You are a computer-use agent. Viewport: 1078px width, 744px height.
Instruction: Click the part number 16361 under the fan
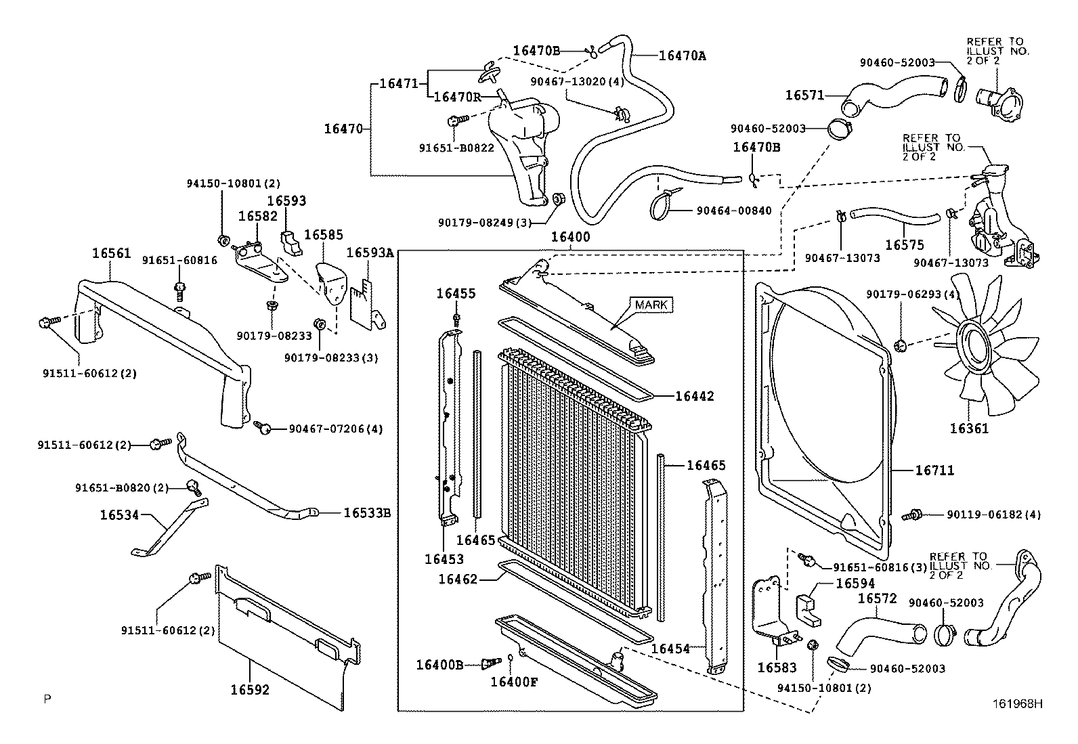[x=968, y=429]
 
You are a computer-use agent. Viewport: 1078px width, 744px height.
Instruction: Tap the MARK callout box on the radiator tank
[x=651, y=305]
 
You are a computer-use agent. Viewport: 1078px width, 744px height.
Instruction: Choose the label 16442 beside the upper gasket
[x=694, y=396]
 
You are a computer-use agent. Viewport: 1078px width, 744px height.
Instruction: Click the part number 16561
[x=111, y=253]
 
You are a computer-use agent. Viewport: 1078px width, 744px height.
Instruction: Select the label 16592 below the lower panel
[x=250, y=690]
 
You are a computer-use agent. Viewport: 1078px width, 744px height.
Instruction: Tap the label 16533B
[x=367, y=512]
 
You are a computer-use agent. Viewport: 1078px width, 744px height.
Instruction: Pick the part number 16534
[x=119, y=515]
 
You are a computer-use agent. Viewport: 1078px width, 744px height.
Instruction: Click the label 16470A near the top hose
[x=682, y=56]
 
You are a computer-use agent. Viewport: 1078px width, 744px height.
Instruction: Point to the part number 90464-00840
[x=733, y=211]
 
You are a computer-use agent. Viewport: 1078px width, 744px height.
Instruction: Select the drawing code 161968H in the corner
[x=1018, y=703]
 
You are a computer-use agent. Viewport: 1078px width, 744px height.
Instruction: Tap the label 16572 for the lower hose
[x=877, y=598]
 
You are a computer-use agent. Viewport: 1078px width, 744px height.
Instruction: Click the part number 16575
[x=904, y=245]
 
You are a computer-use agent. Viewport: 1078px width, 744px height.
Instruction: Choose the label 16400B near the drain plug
[x=439, y=665]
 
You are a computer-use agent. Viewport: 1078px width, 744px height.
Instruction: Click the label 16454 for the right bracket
[x=670, y=649]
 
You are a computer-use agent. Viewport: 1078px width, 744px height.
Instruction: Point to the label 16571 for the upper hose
[x=804, y=95]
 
